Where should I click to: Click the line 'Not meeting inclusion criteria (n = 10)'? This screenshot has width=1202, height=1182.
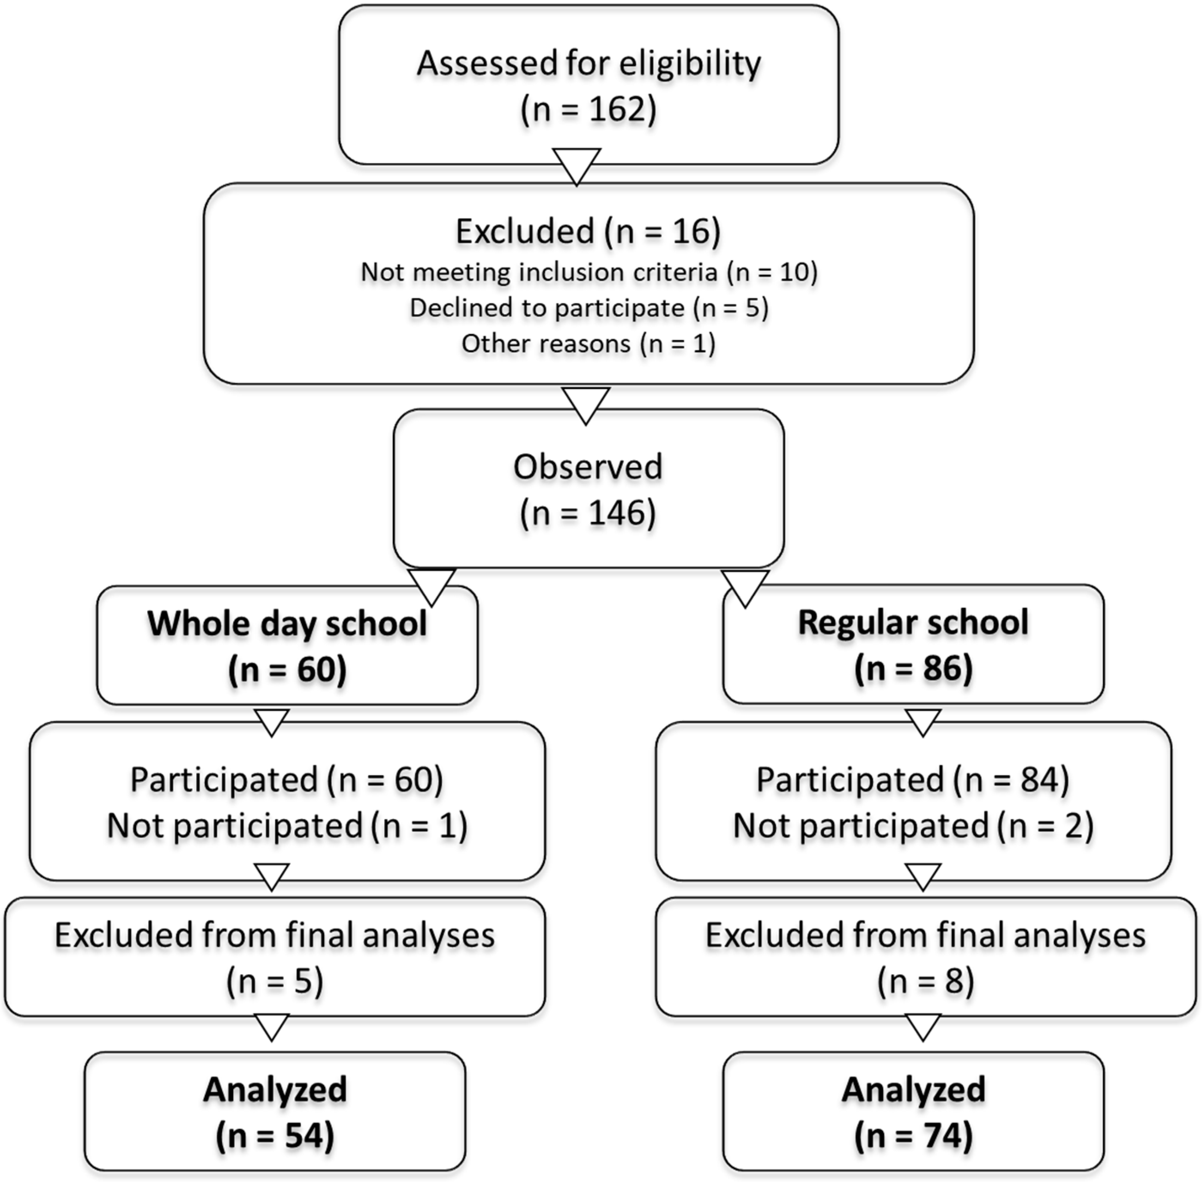589,272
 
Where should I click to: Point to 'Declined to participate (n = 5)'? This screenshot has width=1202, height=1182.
589,308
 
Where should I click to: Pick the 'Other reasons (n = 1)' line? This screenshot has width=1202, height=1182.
589,343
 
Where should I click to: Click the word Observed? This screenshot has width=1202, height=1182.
587,467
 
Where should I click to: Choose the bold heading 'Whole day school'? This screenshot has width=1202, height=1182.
287,623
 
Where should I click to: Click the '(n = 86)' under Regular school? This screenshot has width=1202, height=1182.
913,669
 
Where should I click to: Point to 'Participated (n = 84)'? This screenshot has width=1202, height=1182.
913,780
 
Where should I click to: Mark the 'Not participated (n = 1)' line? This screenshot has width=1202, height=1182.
287,826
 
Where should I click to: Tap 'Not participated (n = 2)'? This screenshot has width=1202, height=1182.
913,826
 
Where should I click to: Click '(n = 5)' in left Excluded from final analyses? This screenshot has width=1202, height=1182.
274,982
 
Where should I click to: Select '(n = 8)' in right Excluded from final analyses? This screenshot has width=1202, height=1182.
925,982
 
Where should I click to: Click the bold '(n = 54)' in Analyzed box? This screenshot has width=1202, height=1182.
274,1136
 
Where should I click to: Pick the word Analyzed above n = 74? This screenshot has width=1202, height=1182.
913,1089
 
